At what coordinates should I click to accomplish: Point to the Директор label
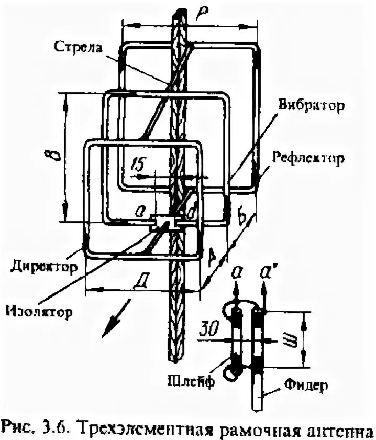click(43, 266)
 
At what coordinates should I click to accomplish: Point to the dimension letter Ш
click(292, 341)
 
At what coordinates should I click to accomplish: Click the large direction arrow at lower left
click(112, 324)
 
